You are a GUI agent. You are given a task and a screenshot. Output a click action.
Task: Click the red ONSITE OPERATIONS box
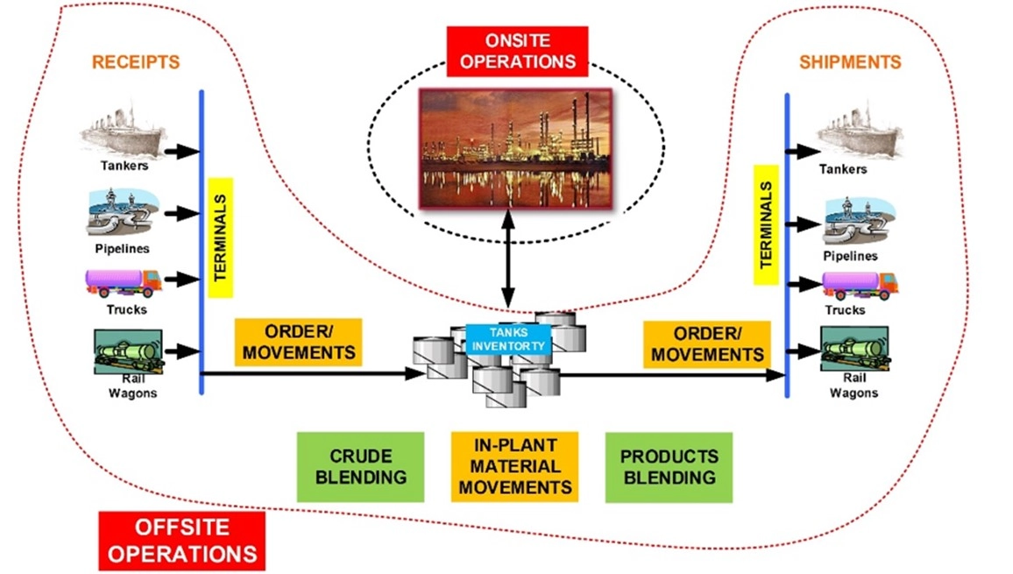point(518,51)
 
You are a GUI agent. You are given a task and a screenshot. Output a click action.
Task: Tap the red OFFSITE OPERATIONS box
point(182,541)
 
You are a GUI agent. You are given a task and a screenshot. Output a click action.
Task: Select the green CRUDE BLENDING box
point(360,467)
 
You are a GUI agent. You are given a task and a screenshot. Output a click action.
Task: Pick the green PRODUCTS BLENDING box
point(669,467)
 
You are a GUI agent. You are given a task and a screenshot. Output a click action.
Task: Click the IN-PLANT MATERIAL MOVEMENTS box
point(515,467)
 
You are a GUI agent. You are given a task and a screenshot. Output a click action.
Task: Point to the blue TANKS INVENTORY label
point(508,339)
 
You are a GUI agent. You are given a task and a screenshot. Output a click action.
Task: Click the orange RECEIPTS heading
point(136,62)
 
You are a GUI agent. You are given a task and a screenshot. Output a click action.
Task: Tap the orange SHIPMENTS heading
point(850,62)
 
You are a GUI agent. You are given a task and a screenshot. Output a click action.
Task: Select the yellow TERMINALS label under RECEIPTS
point(220,237)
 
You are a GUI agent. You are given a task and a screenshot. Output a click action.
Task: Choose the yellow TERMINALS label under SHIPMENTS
point(766,225)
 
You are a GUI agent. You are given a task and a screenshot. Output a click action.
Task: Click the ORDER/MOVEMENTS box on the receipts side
point(299,342)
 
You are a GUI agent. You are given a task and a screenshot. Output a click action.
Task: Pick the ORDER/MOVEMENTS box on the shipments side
point(707,344)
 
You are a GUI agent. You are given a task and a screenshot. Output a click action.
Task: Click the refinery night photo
point(515,149)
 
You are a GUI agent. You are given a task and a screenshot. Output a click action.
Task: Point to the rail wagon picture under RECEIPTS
point(128,351)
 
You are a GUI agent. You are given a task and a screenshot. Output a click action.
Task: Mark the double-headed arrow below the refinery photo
point(508,259)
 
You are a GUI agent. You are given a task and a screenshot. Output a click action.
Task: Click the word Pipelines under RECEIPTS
point(122,249)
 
